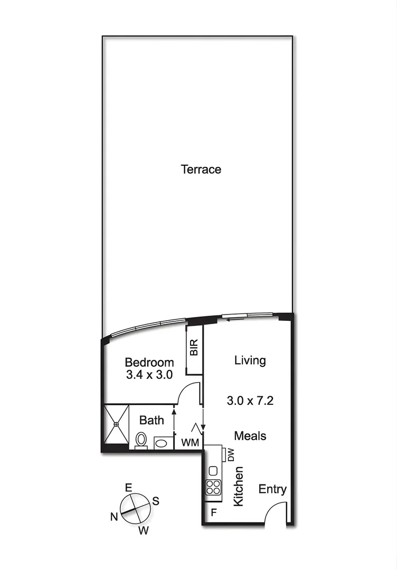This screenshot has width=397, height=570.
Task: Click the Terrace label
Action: [201, 169]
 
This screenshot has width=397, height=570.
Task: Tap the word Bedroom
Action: [149, 363]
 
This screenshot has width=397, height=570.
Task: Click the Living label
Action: [250, 360]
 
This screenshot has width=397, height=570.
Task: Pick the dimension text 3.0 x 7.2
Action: [250, 400]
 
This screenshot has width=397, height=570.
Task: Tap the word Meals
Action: [250, 436]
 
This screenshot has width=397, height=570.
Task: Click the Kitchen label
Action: [239, 486]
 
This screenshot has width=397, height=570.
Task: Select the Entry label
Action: [272, 489]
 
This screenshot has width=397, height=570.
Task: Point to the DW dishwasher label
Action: [231, 455]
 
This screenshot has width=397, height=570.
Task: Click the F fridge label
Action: [214, 512]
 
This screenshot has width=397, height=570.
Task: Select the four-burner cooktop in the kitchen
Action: [213, 487]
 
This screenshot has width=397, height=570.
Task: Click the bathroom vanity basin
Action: [163, 442]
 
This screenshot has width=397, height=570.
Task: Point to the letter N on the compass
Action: [114, 517]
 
